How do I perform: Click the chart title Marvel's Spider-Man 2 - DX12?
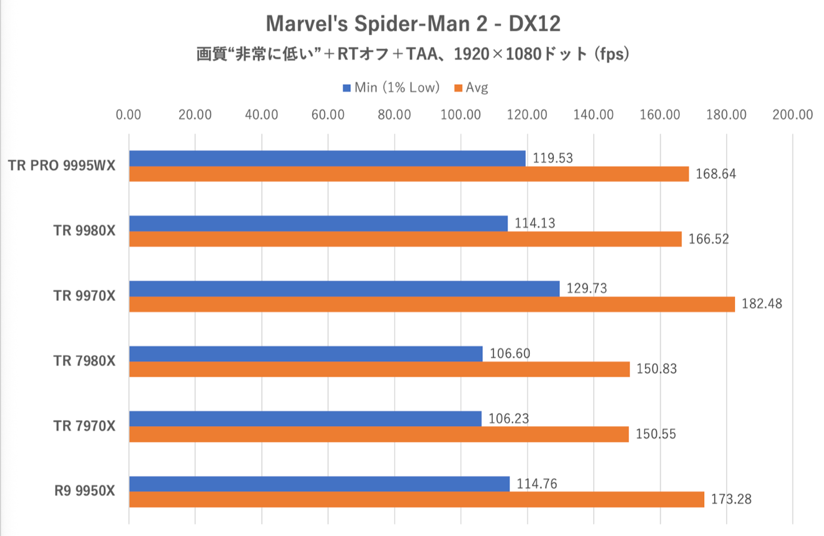point(413,24)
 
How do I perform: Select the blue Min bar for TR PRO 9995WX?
point(327,158)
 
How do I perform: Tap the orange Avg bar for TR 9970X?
point(432,304)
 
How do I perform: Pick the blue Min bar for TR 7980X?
point(305,353)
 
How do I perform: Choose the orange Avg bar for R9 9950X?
point(416,499)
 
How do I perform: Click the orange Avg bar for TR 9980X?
point(405,239)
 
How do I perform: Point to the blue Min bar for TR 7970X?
point(305,418)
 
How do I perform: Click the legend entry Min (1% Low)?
point(391,88)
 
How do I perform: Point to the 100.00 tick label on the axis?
point(461,115)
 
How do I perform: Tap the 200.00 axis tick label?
point(792,115)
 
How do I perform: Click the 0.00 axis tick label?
point(129,115)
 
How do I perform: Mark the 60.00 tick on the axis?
point(328,115)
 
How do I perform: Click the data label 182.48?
point(761,304)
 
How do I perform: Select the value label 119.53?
point(553,158)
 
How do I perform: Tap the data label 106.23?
point(508,418)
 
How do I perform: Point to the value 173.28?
point(731,499)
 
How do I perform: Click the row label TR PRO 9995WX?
point(61,165)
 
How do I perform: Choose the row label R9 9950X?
point(85,491)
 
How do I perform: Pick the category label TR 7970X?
point(84,426)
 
